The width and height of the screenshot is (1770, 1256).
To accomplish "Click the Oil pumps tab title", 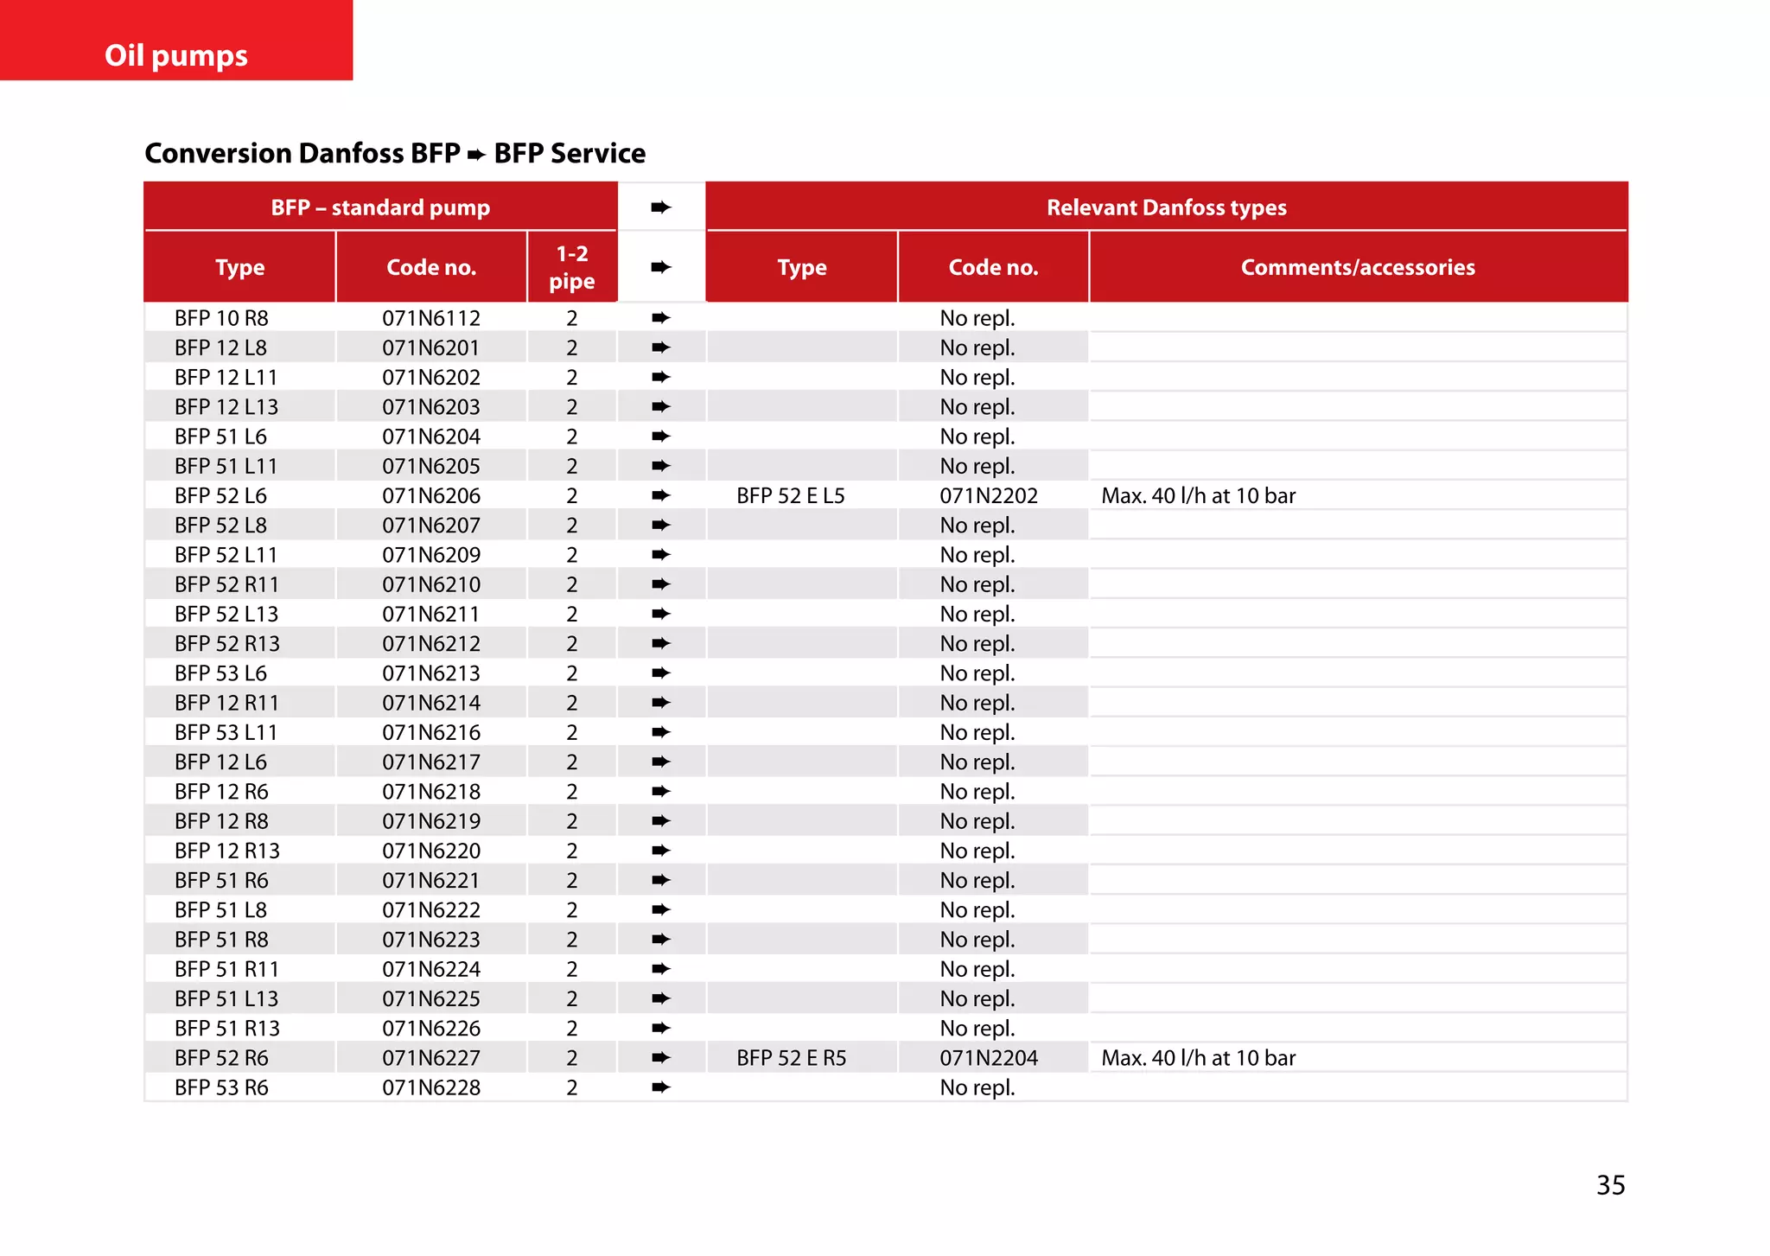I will [x=176, y=55].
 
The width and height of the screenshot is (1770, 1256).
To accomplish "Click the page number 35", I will [x=1610, y=1184].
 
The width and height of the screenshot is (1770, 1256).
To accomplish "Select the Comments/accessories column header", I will [x=1358, y=267].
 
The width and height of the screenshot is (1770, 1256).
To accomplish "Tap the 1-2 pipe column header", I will [x=571, y=267].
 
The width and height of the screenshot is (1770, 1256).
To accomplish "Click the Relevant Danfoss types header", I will [x=1166, y=207].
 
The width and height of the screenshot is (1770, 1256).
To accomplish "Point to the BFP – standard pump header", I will [x=380, y=207].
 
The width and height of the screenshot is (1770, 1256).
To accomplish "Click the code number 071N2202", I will [x=989, y=495].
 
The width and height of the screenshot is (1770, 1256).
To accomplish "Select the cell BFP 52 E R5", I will [x=791, y=1058].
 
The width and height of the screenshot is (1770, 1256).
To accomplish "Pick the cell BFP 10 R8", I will [x=221, y=318].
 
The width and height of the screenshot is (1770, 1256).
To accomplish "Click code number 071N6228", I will [x=431, y=1087].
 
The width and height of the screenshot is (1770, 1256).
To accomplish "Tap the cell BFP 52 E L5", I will [x=790, y=495].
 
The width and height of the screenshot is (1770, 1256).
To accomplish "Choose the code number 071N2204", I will [x=989, y=1058].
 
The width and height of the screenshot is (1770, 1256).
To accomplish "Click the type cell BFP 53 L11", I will [x=226, y=732].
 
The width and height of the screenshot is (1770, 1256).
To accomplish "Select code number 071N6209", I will [x=431, y=555].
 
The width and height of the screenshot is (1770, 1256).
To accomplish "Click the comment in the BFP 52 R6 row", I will [x=1198, y=1058].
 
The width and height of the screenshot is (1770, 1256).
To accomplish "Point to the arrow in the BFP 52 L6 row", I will [x=661, y=495].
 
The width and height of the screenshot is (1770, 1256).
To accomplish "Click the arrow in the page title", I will [x=476, y=155].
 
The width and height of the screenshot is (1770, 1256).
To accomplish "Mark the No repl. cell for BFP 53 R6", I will [x=977, y=1087].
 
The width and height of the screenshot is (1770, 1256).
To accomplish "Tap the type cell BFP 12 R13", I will [x=226, y=851].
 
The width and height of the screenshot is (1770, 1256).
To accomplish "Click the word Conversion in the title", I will [x=218, y=153].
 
